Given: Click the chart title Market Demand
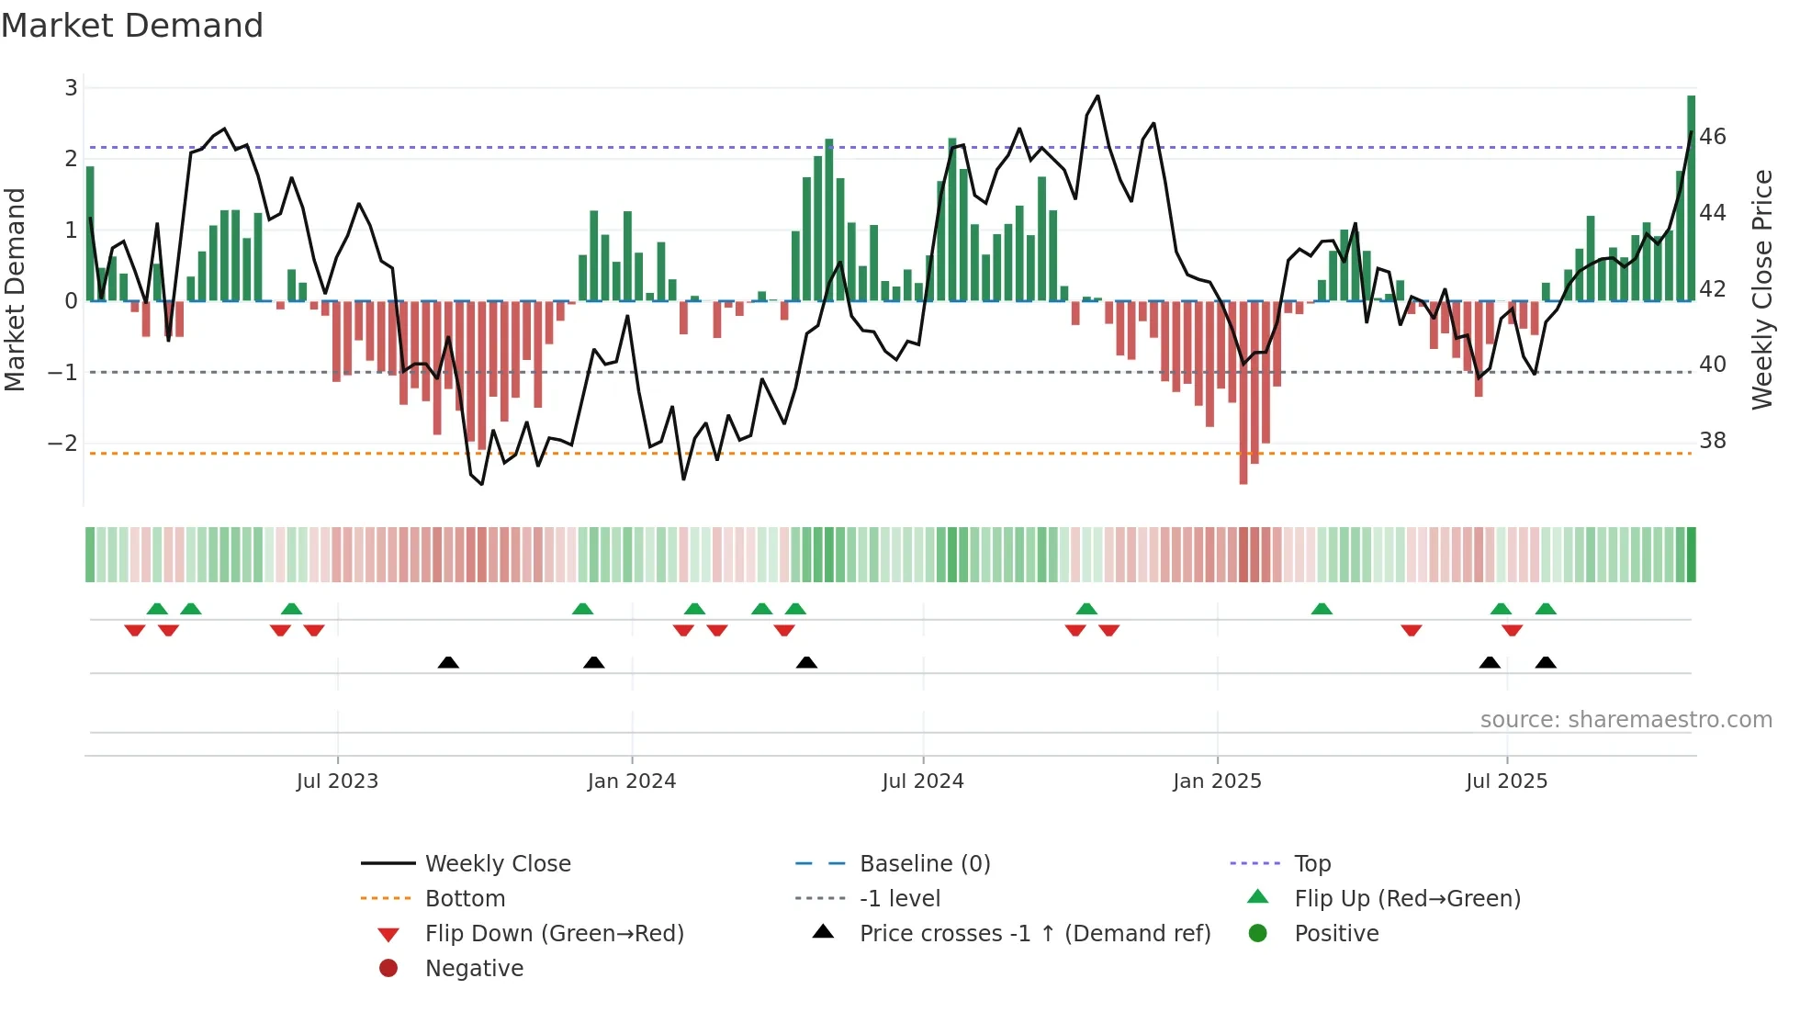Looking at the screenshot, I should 132,26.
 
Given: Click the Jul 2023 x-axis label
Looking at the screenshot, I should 337,781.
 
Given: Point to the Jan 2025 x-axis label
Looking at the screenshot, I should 1217,781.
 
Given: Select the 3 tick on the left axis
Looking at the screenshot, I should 71,88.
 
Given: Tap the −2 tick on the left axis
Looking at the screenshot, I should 63,444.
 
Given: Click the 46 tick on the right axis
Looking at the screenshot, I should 1713,137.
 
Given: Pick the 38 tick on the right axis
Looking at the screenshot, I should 1713,441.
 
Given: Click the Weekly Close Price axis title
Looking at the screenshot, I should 1761,289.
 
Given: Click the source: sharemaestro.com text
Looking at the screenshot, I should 1626,720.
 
